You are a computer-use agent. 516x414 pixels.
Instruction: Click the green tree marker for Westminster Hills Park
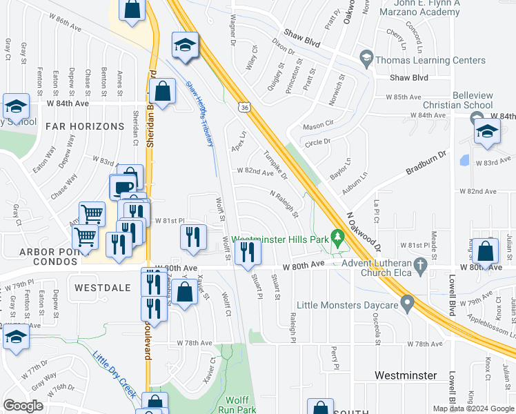coord(337,239)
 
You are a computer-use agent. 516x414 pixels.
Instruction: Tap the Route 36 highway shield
coord(244,107)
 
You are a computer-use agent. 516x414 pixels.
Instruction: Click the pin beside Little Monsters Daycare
coord(407,304)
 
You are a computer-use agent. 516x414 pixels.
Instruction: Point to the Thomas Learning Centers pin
coord(366,60)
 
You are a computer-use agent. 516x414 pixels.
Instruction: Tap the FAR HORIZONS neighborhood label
coord(77,126)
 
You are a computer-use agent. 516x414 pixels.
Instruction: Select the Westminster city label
coord(406,375)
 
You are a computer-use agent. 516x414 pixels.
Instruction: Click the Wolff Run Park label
coord(240,405)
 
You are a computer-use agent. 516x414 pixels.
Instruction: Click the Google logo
coord(23,406)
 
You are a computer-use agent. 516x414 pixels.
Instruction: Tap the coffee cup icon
coord(122,187)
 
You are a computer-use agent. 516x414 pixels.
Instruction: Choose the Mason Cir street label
coord(317,126)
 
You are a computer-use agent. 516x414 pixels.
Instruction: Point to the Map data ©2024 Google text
coord(473,408)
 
